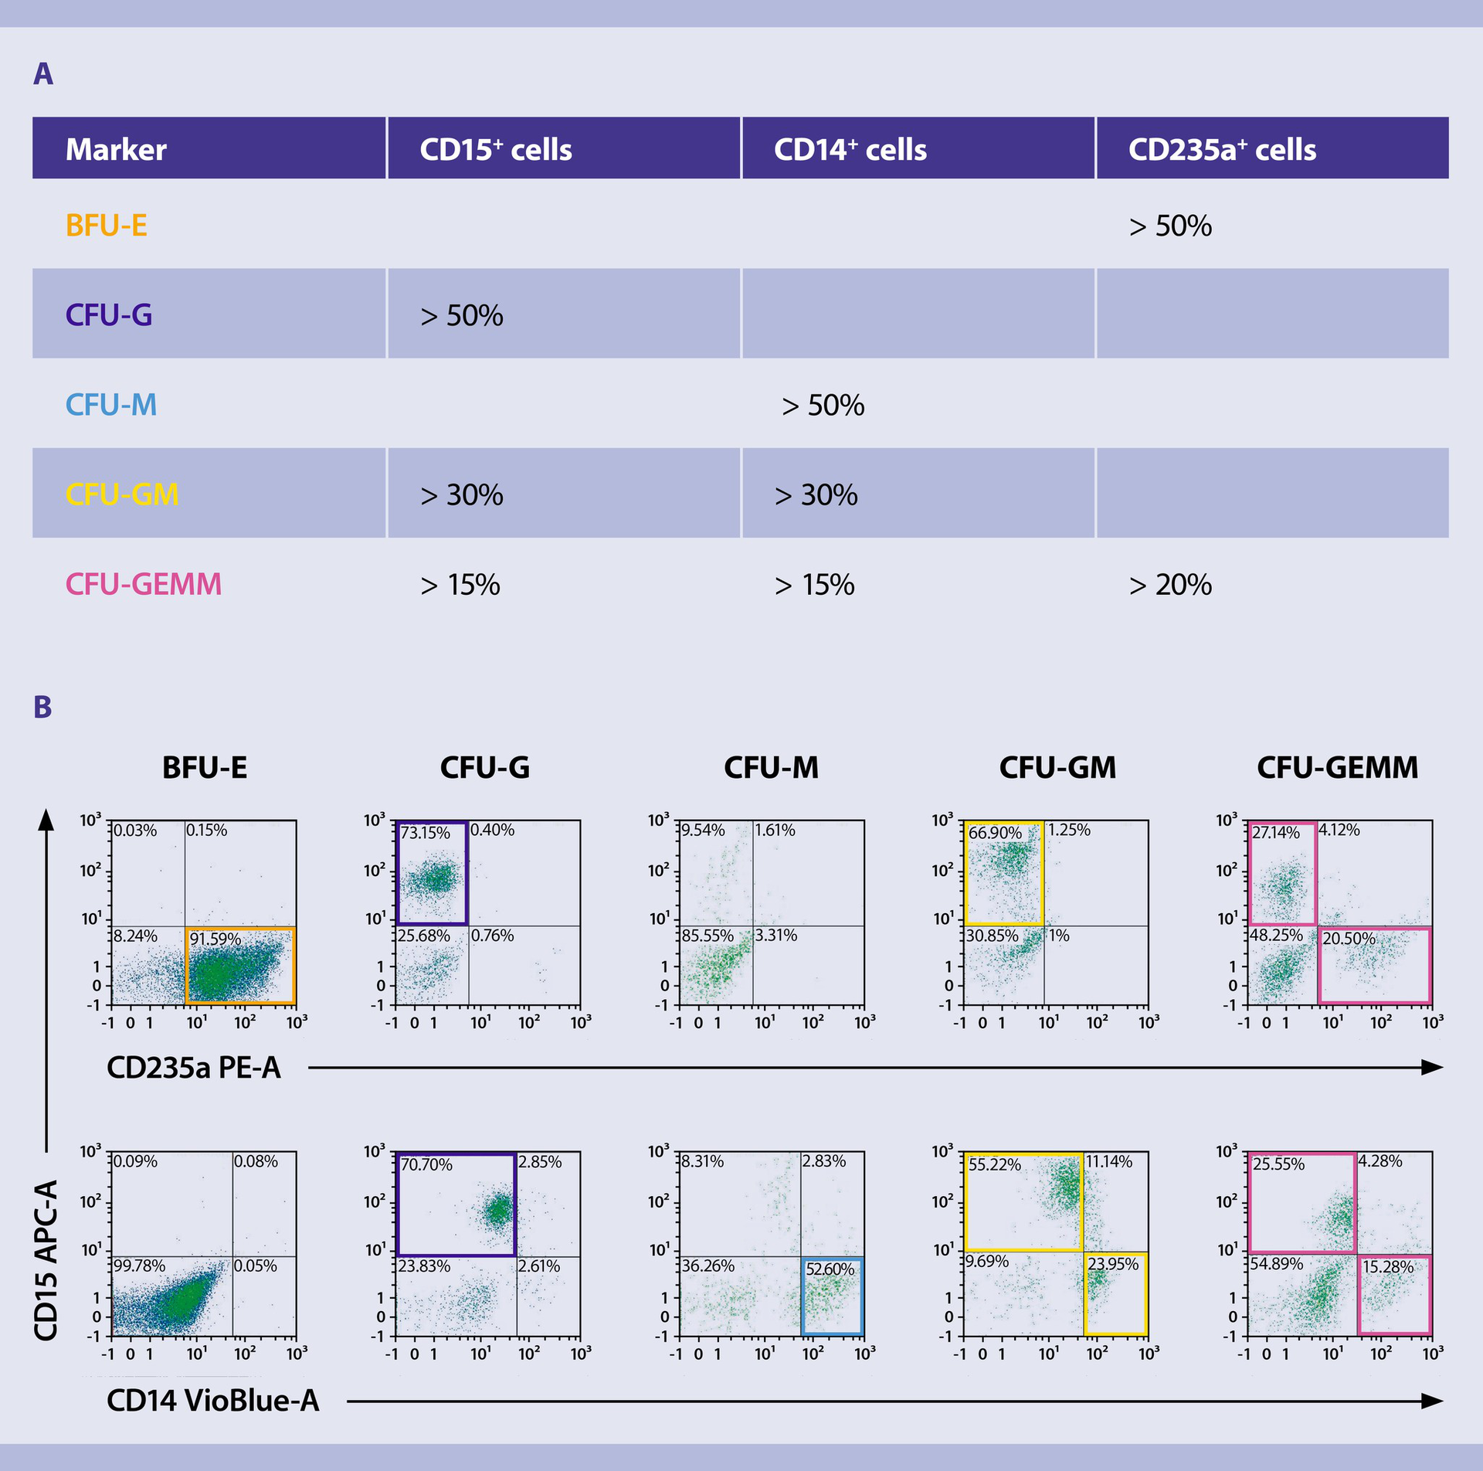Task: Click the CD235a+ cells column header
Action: pyautogui.click(x=1222, y=149)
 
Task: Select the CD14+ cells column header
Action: pyautogui.click(x=850, y=149)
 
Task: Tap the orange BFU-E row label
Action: pyautogui.click(x=106, y=226)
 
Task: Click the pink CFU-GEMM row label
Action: pyautogui.click(x=143, y=584)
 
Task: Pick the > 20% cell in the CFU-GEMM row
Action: pyautogui.click(x=1170, y=585)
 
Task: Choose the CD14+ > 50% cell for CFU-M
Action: pyautogui.click(x=823, y=406)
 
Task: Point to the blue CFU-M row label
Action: pyautogui.click(x=110, y=405)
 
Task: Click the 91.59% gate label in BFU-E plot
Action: pyautogui.click(x=215, y=939)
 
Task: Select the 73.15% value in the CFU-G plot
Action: pyautogui.click(x=425, y=833)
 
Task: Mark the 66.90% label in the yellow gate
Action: pyautogui.click(x=995, y=833)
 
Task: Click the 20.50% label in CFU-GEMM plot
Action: pyautogui.click(x=1349, y=939)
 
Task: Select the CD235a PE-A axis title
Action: pyautogui.click(x=193, y=1068)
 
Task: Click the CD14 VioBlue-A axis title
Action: pyautogui.click(x=212, y=1401)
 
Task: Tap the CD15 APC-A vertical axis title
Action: pyautogui.click(x=46, y=1260)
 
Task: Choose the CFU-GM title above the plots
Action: pyautogui.click(x=1057, y=767)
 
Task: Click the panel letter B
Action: pyautogui.click(x=42, y=707)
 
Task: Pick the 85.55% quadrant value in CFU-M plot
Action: pyautogui.click(x=707, y=936)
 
